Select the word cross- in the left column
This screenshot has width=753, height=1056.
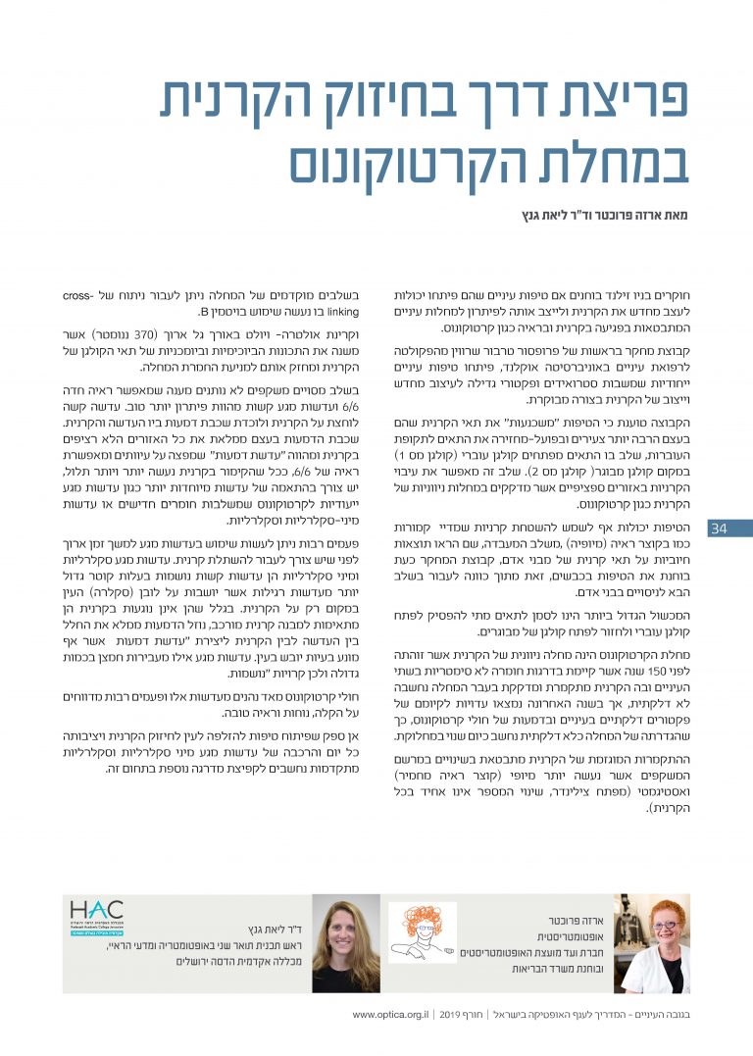347,294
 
